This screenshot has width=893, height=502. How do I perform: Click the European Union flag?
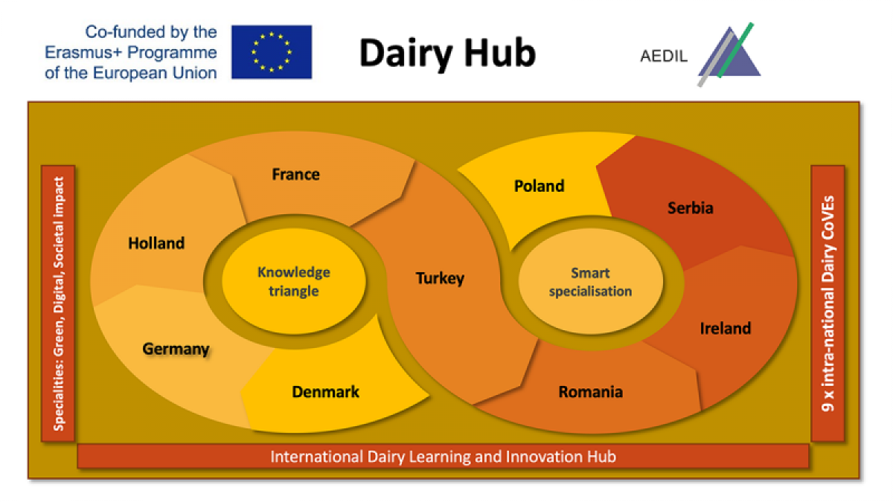click(x=272, y=52)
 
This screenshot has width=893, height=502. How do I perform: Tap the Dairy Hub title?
click(x=447, y=54)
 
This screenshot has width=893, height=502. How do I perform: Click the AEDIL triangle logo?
click(x=729, y=54)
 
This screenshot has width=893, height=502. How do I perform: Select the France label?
click(x=296, y=175)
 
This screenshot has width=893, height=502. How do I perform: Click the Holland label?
click(x=156, y=243)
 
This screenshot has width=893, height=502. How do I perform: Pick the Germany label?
click(x=176, y=350)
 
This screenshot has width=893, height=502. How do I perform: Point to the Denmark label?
click(x=325, y=392)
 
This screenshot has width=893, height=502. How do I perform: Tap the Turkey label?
click(x=440, y=278)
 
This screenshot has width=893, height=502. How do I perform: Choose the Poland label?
click(x=539, y=186)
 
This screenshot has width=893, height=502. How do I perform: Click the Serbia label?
click(x=691, y=208)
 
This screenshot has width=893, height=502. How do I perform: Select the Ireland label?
click(x=726, y=328)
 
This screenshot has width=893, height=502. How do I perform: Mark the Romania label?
click(x=590, y=392)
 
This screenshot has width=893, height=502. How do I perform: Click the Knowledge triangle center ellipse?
click(x=294, y=282)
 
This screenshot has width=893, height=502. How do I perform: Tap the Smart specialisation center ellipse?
click(x=590, y=282)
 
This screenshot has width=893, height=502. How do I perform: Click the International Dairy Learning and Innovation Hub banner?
click(x=443, y=456)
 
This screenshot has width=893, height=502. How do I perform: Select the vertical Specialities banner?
click(x=58, y=303)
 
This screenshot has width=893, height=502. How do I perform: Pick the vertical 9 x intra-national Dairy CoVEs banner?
click(x=828, y=303)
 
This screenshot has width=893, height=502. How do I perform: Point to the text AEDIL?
click(x=664, y=57)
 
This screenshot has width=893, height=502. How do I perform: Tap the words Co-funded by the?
click(x=151, y=32)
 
